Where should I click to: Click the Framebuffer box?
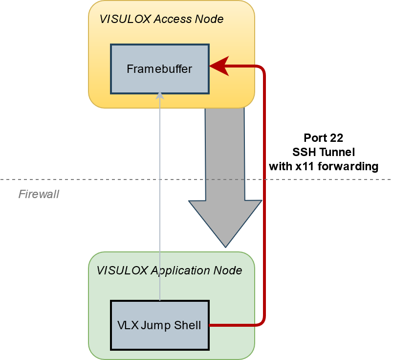click(159, 69)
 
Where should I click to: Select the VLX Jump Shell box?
click(159, 325)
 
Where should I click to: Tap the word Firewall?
click(39, 194)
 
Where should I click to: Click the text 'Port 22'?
click(323, 137)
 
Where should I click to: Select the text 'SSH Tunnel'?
click(323, 152)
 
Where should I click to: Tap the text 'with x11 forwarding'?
click(323, 166)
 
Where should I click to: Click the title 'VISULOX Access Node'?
click(161, 19)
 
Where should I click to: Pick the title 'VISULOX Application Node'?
click(169, 270)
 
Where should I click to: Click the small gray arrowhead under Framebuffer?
click(160, 96)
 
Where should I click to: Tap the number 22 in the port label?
click(337, 137)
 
